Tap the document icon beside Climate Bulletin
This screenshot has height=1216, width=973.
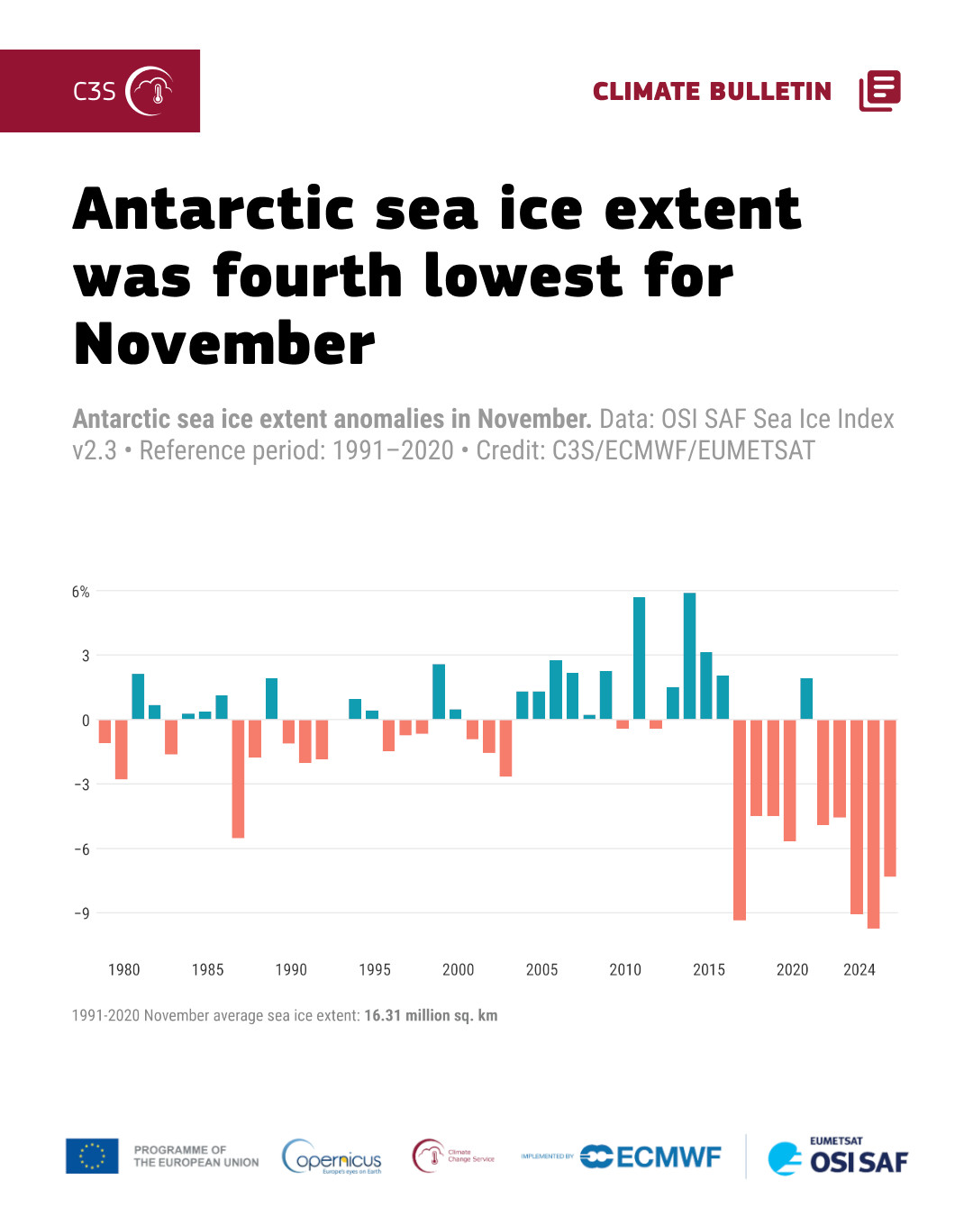[x=879, y=91]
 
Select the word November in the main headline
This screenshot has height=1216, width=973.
[x=224, y=344]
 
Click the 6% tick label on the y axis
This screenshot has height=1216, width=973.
[x=81, y=592]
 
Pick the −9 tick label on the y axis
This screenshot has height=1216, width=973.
[x=81, y=913]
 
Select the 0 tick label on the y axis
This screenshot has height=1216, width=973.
[x=86, y=721]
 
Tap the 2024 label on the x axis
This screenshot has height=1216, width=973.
[x=859, y=970]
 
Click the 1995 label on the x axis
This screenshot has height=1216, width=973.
[x=375, y=970]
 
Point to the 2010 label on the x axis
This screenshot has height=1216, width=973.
[x=625, y=970]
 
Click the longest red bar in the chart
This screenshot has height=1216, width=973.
[x=873, y=823]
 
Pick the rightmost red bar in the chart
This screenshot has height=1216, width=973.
[x=890, y=798]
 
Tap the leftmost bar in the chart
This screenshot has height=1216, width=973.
[x=105, y=731]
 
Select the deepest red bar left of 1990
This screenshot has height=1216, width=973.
[x=238, y=778]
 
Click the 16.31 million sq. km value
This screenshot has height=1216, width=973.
[x=431, y=1016]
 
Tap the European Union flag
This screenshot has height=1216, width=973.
[x=92, y=1156]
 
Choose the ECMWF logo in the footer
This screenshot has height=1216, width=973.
[x=650, y=1157]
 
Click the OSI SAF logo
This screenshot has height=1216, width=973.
[x=838, y=1157]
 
